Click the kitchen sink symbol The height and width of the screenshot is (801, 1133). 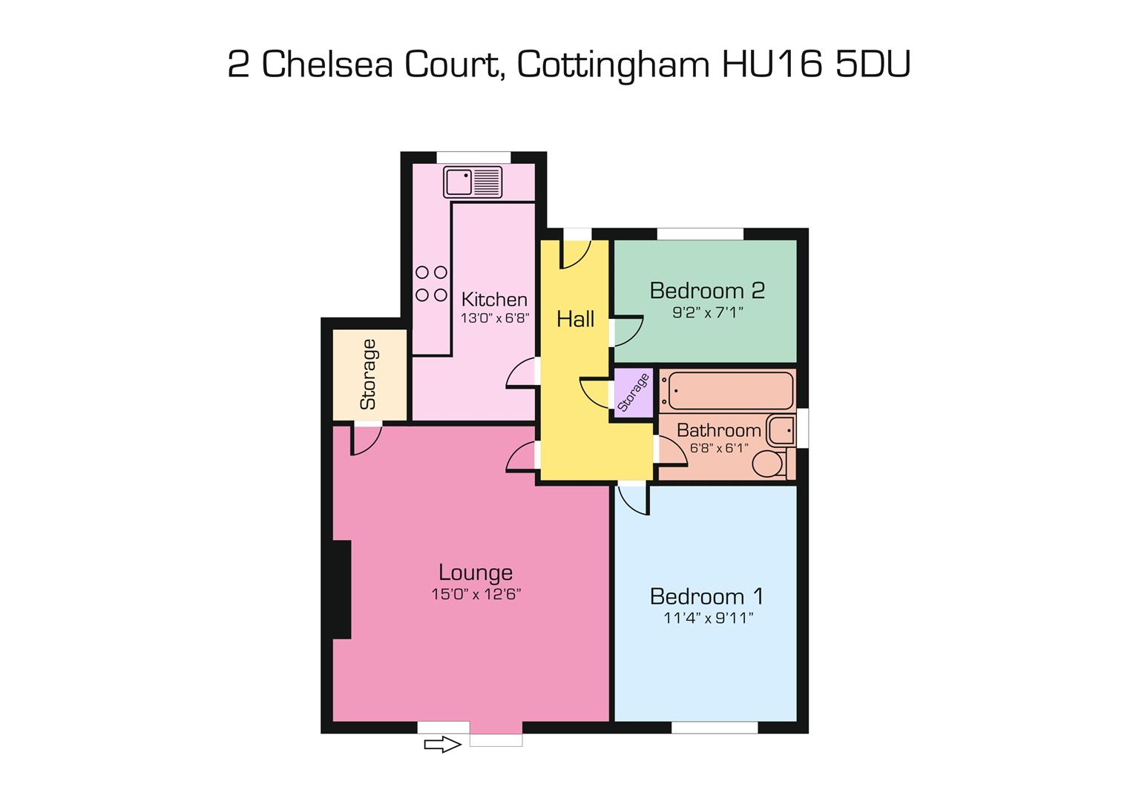coord(473,182)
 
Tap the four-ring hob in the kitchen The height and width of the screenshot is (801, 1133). coord(431,283)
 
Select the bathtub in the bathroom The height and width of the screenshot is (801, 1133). coord(726,390)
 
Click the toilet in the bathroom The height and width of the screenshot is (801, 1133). coord(770,464)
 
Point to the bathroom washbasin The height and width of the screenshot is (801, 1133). coord(781,430)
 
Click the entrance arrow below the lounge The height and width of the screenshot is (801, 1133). coord(442,744)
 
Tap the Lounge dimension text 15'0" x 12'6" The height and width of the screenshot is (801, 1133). coord(476,594)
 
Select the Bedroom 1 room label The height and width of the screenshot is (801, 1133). coord(706,596)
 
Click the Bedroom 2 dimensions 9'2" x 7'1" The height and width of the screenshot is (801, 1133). coord(707,313)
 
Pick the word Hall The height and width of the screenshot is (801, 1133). coord(575,320)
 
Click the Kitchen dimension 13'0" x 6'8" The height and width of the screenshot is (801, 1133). coord(494,318)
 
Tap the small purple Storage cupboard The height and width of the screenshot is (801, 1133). coord(633,392)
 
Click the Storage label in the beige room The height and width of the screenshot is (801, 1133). coord(368,374)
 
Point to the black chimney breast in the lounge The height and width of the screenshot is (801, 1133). coord(341,590)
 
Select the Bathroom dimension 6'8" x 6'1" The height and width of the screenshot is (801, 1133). coord(718,449)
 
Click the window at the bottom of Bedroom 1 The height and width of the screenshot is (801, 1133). coord(714,728)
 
